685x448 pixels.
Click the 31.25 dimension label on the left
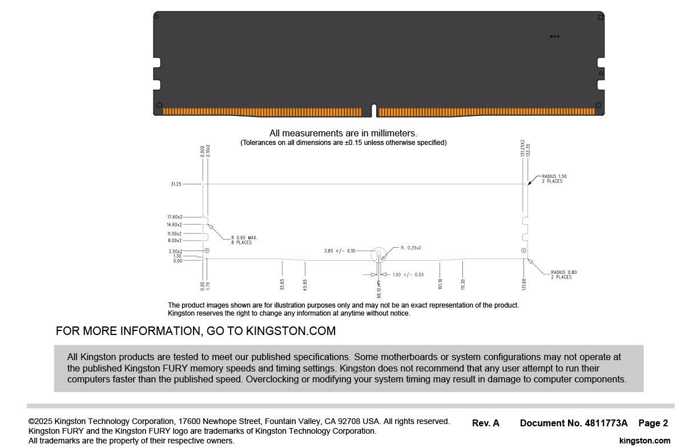(x=176, y=184)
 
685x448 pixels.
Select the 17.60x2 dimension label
(x=175, y=217)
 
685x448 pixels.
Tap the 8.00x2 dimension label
(x=175, y=241)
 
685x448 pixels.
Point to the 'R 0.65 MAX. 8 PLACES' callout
(x=241, y=240)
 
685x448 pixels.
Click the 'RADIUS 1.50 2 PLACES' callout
(x=554, y=179)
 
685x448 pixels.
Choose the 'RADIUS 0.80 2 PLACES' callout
(x=563, y=275)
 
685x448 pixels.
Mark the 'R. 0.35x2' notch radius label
(x=411, y=248)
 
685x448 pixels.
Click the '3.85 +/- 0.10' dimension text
(x=339, y=251)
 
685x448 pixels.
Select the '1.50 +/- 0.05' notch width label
(x=408, y=275)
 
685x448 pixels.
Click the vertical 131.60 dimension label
(x=524, y=284)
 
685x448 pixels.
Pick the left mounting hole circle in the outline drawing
(x=207, y=251)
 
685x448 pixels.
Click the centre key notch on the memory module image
(x=373, y=109)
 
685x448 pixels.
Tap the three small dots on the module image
(x=554, y=37)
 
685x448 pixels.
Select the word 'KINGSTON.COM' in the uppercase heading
(x=291, y=331)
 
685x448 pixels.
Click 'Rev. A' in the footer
(x=486, y=423)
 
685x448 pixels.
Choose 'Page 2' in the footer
(x=653, y=423)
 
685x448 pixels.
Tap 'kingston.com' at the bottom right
(x=644, y=441)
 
